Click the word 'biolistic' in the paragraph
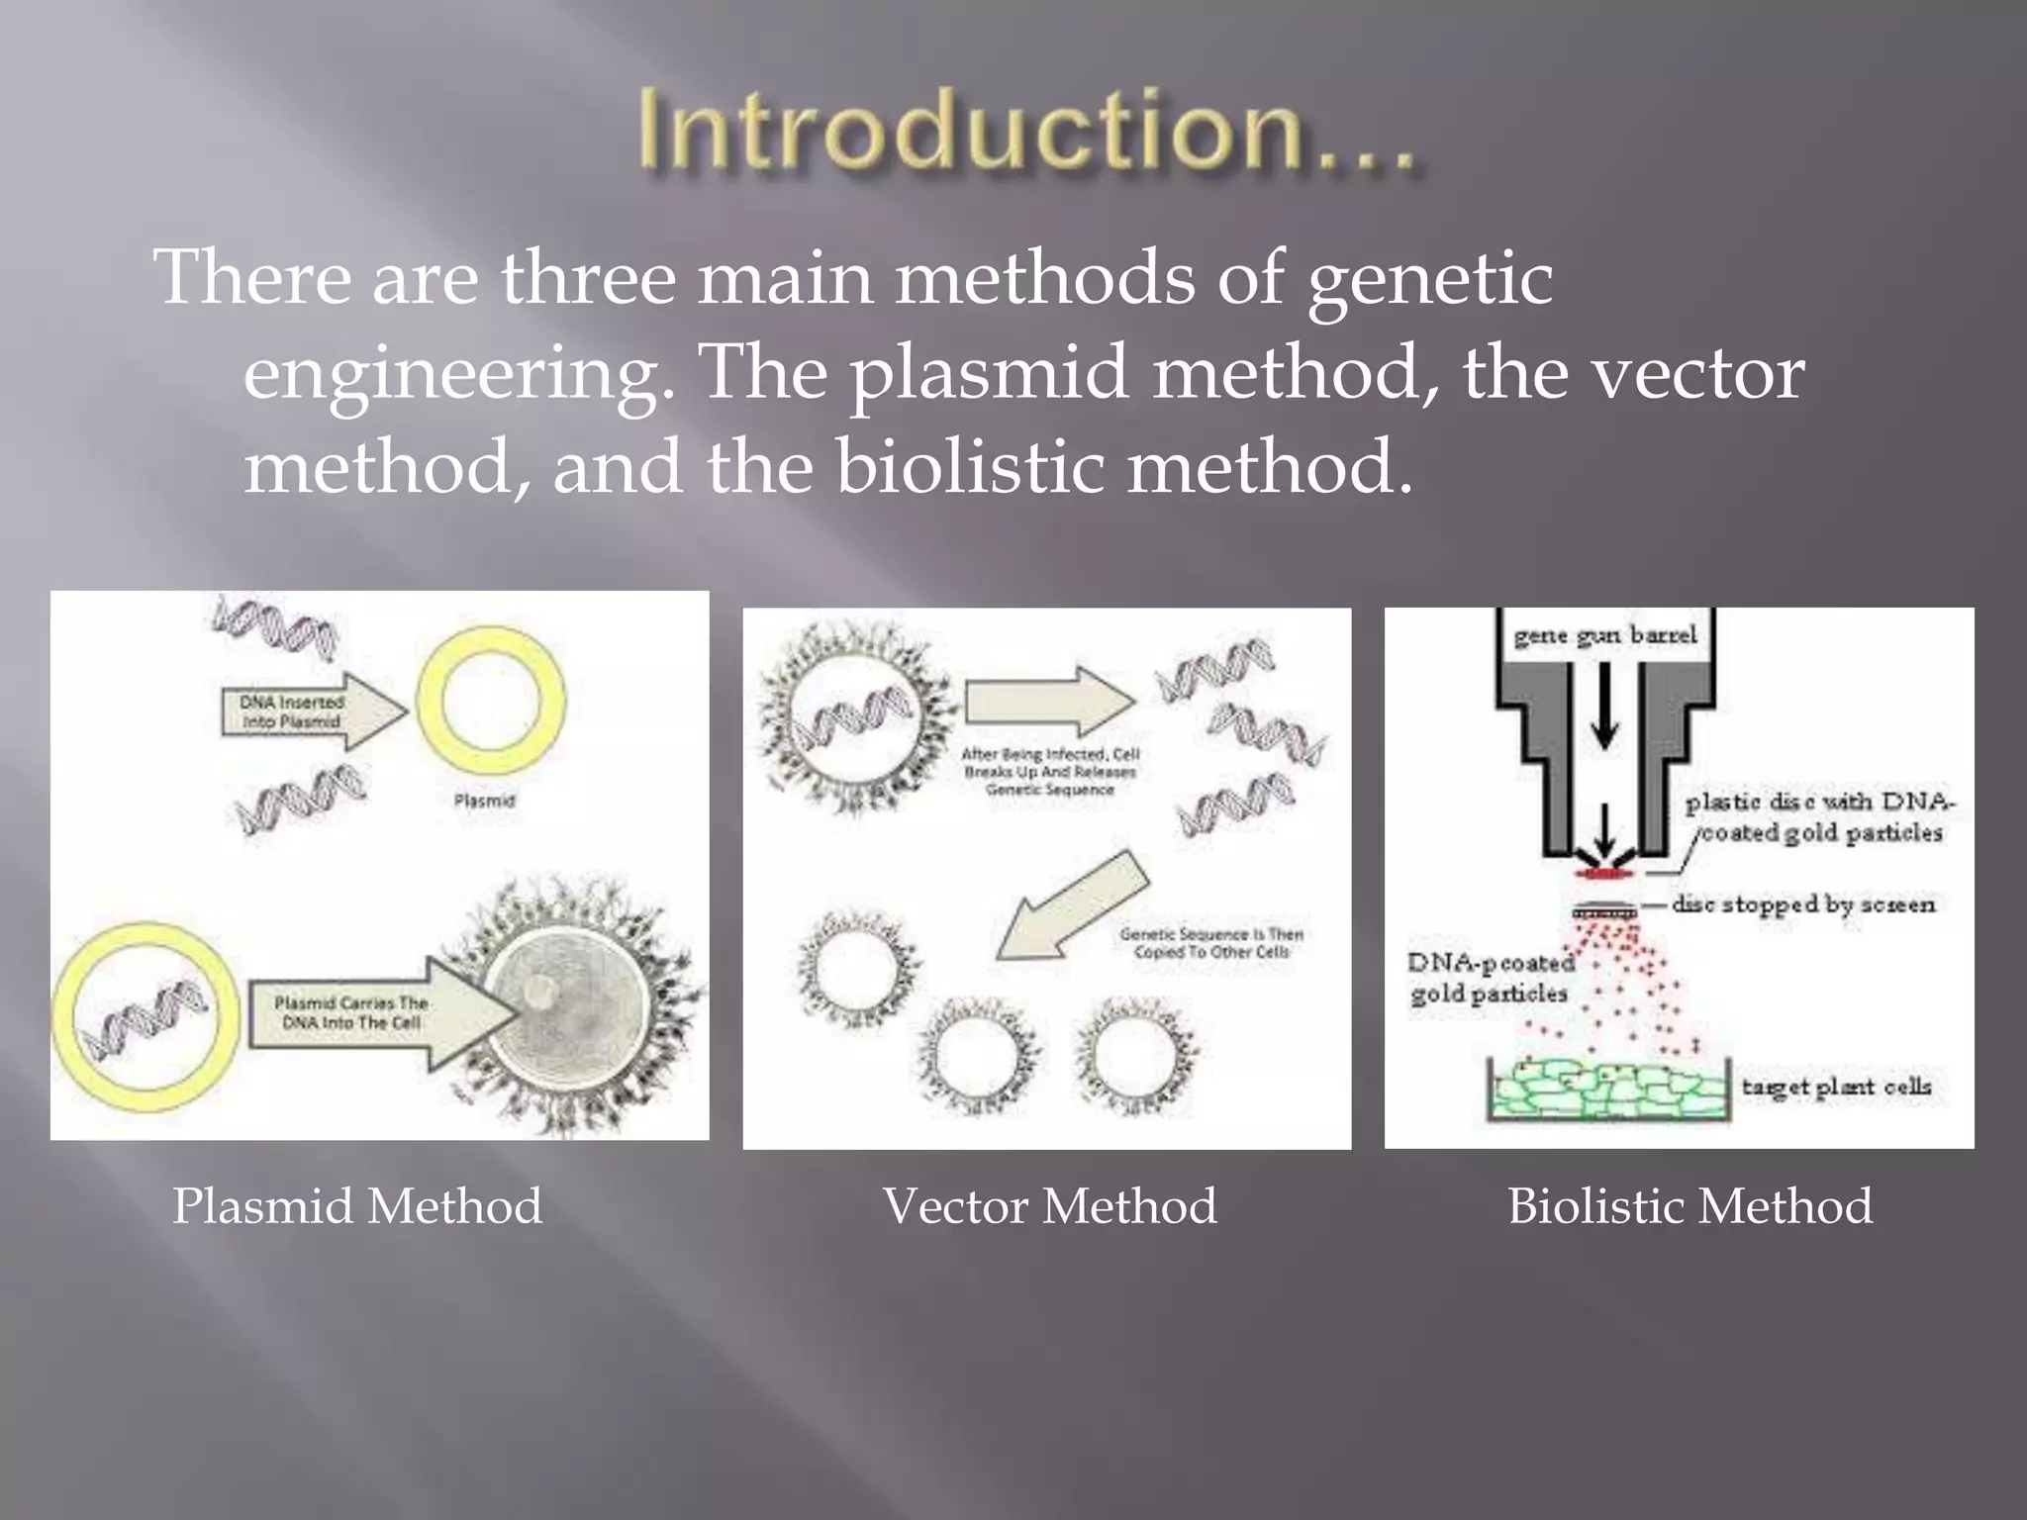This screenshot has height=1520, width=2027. (x=969, y=466)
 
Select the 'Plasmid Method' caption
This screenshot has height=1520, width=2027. (x=357, y=1206)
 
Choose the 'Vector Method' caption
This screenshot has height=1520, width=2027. (x=1049, y=1206)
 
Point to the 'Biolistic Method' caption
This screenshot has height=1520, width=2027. (x=1689, y=1206)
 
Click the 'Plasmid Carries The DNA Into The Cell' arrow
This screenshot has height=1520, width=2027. (x=376, y=1013)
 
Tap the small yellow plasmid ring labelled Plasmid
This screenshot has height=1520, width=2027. (x=491, y=702)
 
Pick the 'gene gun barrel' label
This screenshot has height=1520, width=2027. (x=1604, y=635)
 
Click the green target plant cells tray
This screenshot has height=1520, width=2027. (x=1608, y=1089)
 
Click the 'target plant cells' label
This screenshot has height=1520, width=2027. (x=1836, y=1087)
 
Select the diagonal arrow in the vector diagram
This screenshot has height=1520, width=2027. (x=1074, y=905)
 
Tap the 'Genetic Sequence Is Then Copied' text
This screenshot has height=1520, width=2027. (x=1210, y=942)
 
